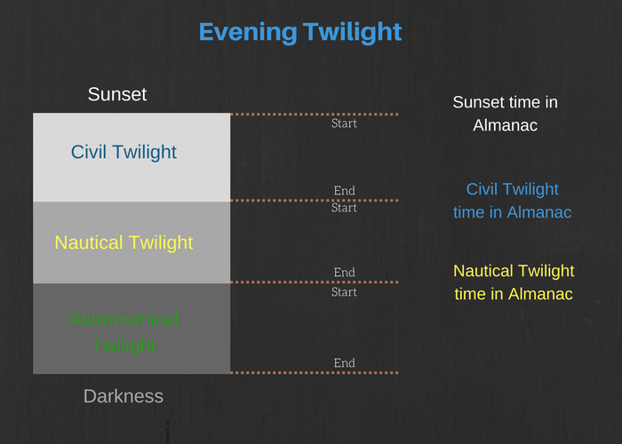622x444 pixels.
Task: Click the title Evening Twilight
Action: click(300, 32)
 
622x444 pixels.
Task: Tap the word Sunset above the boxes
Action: click(117, 94)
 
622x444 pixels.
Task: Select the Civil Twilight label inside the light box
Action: click(124, 152)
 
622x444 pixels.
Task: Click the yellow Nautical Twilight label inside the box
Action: click(124, 242)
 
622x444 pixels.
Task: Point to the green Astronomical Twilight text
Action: click(124, 332)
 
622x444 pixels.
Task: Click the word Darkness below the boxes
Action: click(124, 396)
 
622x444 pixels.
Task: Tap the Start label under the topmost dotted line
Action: click(345, 123)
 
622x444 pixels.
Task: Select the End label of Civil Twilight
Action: click(345, 191)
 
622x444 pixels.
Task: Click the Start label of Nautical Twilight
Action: click(345, 208)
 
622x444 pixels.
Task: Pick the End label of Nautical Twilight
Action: click(345, 273)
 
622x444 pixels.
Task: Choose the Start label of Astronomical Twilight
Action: click(345, 292)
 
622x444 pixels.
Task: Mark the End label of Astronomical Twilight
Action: click(345, 362)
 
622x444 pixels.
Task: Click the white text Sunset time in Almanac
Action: click(506, 114)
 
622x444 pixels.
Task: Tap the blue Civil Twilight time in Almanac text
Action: click(512, 201)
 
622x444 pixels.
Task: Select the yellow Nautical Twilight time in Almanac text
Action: click(514, 282)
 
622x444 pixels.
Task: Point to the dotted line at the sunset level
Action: click(315, 115)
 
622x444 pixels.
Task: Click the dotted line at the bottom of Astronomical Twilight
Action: click(315, 373)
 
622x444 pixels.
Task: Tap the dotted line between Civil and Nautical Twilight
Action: click(315, 200)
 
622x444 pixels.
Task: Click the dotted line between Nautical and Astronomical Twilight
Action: click(315, 282)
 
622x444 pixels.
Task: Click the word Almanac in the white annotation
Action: click(506, 125)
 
